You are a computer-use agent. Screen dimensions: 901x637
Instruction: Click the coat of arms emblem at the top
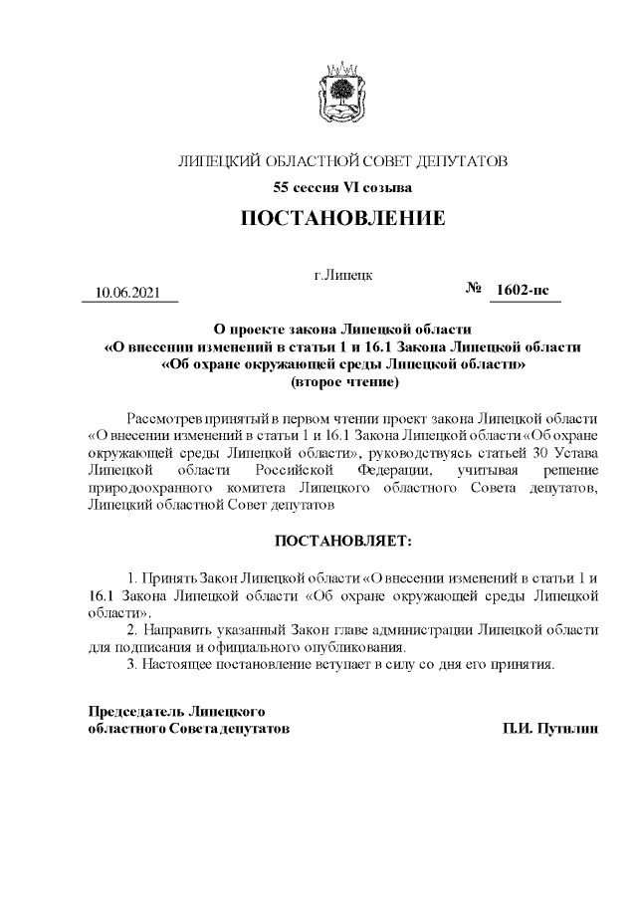(341, 92)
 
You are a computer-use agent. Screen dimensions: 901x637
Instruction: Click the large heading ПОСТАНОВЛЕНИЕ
(341, 218)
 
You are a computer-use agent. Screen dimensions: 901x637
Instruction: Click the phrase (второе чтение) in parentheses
(341, 380)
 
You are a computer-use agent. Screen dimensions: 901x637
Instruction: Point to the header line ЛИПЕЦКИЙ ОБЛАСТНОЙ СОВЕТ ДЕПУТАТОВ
(341, 160)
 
